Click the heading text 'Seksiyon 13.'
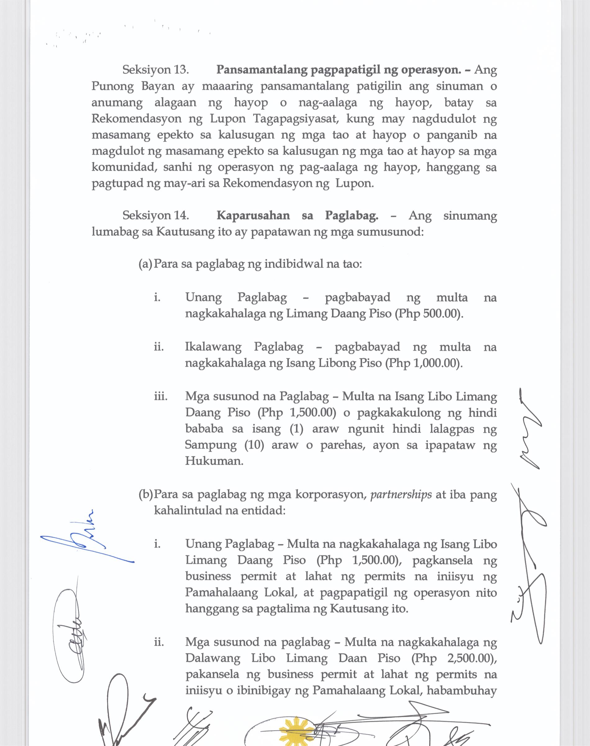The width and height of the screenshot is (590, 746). click(x=156, y=70)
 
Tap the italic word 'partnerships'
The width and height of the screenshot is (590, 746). click(x=401, y=494)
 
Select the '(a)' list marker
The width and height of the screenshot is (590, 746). click(x=145, y=265)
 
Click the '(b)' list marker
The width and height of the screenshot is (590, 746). click(x=145, y=494)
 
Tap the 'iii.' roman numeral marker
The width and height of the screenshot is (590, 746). click(x=161, y=396)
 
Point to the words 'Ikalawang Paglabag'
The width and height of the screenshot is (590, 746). click(x=244, y=347)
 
